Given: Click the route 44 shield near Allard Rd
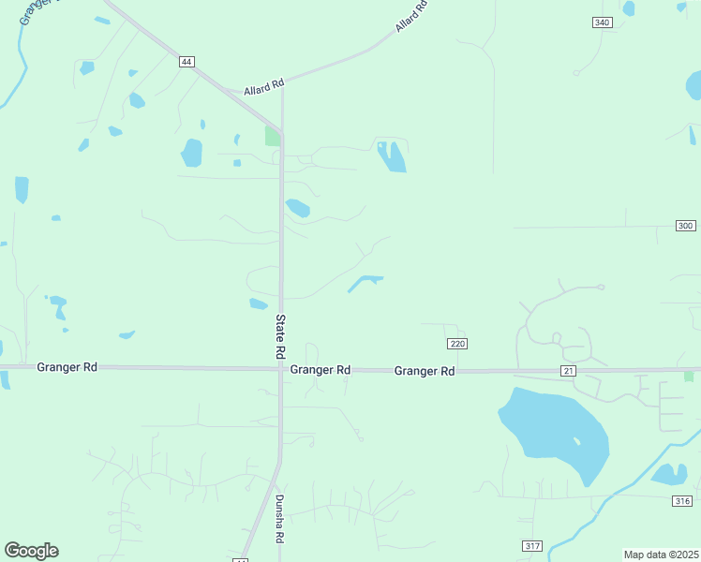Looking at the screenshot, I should click(187, 61).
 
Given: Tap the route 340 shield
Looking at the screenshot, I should click(603, 22).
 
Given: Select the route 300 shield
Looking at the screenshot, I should click(685, 226).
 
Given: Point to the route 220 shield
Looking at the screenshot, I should click(456, 344).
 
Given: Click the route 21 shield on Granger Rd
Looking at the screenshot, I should click(569, 372).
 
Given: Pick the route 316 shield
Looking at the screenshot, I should click(683, 501).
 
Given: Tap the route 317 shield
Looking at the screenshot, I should click(532, 545).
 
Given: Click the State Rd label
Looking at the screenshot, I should click(280, 336).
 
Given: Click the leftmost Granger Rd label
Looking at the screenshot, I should click(67, 368).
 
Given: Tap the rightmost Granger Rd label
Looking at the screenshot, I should click(425, 371).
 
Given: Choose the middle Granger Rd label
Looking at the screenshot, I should click(321, 370).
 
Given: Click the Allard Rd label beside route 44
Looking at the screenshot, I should click(263, 89).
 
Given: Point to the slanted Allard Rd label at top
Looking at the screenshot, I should click(411, 17).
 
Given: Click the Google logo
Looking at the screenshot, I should click(31, 551).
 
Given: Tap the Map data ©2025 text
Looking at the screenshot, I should click(661, 555).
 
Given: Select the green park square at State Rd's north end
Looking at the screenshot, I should click(273, 136).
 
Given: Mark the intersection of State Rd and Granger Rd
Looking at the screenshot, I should click(281, 369).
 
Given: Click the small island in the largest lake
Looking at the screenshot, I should click(576, 440).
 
